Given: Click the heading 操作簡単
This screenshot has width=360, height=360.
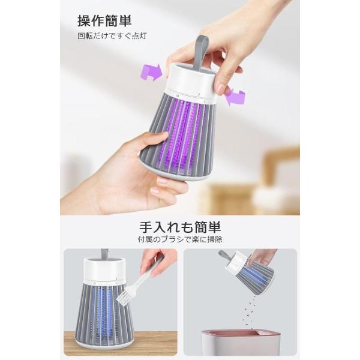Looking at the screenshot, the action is pos(104,21).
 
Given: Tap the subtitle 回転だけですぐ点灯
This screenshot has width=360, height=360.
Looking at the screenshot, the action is pos(112,36).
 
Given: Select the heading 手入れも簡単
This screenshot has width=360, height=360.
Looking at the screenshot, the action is pos(180,227).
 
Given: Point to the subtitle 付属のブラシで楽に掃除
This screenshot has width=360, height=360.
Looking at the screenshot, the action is pos(180,239).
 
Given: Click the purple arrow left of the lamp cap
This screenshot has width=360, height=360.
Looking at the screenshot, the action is pos(152,73).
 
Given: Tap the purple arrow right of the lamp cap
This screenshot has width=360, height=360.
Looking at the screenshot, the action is pos(235,97).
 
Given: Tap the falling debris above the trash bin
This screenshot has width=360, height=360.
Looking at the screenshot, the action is pos(250,310).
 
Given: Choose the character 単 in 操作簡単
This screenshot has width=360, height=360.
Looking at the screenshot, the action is pos(125,21).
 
